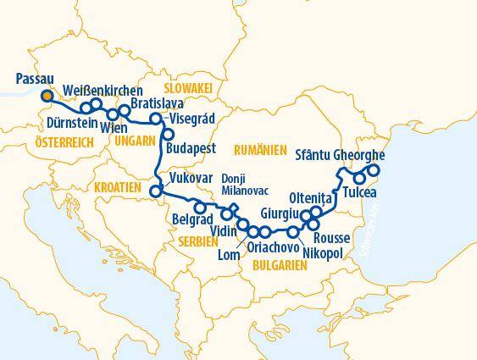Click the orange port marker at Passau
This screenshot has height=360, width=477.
[x=47, y=96]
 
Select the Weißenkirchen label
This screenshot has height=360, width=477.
[x=103, y=91]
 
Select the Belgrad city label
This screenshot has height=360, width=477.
[x=191, y=219]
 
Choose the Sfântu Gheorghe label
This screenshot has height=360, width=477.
[x=340, y=156]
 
